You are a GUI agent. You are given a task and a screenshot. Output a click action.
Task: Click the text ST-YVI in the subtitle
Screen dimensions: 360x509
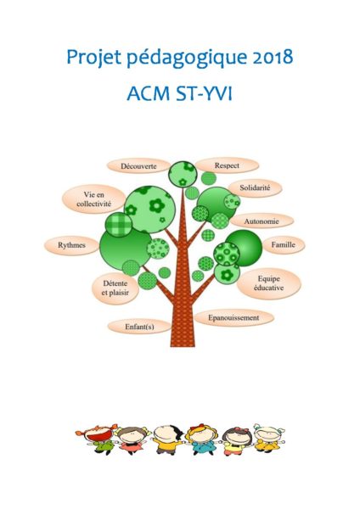point(204,94)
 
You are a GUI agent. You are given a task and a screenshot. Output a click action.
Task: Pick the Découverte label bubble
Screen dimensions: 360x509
point(138,166)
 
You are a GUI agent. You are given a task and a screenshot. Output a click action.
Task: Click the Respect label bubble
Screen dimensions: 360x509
point(227,165)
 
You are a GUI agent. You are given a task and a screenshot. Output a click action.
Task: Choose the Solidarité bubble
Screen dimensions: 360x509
point(255,188)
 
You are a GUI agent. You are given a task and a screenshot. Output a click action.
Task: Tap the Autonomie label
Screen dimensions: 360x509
point(262,221)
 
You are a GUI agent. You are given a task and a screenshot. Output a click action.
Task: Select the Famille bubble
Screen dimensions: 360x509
point(284,245)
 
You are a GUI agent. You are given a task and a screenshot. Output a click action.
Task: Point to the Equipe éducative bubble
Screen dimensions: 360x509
point(268,283)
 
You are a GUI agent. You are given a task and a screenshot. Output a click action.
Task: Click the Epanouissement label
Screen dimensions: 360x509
point(233,318)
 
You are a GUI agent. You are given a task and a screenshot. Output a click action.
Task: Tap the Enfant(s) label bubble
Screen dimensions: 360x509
point(139,327)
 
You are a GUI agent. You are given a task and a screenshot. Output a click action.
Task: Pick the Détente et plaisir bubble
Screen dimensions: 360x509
point(115,288)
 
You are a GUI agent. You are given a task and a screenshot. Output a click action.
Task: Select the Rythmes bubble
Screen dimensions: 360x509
point(71,245)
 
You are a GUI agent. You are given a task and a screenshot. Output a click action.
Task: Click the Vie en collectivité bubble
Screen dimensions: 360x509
point(93,199)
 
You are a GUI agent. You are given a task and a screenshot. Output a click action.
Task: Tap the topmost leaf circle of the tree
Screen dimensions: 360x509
point(183,174)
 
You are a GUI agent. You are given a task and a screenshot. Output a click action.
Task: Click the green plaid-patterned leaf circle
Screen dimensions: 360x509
point(119,225)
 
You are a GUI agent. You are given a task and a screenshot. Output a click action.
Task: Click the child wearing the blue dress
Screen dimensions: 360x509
point(202,439)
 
